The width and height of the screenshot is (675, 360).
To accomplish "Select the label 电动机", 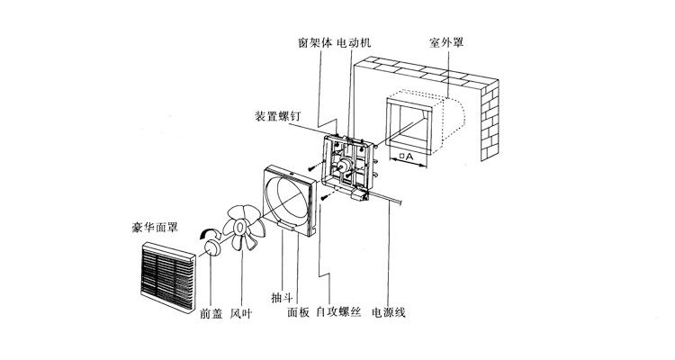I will [353, 42].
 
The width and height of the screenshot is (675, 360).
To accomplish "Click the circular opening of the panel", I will [290, 200].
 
